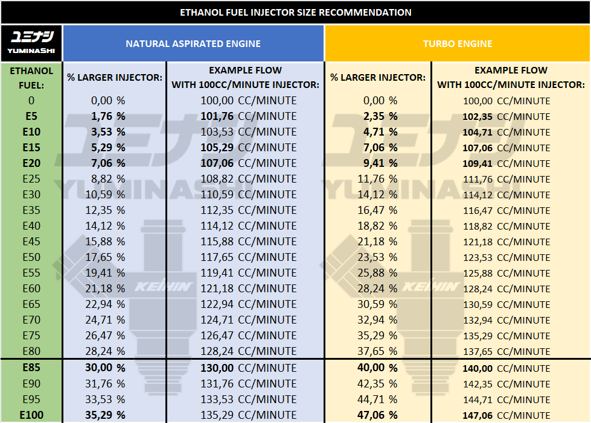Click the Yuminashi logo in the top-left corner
31,43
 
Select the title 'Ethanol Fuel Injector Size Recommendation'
295,12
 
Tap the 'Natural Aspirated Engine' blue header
193,43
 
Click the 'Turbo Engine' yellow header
458,43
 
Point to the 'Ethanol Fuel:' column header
31,78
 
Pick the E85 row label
31,368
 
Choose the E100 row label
31,415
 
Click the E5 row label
31,116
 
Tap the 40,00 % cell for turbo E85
377,368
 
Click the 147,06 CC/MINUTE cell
506,415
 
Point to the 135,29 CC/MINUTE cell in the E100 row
249,415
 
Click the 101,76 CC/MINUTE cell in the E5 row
249,116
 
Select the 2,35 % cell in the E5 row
377,116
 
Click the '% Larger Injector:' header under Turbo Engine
378,78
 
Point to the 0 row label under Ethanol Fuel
31,101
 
